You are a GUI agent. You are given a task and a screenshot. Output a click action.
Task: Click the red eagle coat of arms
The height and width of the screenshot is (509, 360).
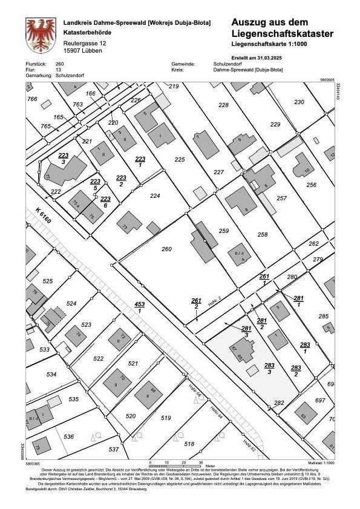coord(41,35)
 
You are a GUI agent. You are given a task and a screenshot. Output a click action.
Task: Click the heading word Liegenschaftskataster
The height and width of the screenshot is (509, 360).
coord(282,33)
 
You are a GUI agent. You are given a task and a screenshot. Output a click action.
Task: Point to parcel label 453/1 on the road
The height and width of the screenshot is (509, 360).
coord(139,307)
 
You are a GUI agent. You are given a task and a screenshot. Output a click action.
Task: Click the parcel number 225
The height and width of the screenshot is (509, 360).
coord(179,159)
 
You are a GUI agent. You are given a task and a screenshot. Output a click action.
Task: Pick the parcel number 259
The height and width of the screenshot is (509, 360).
coord(224,231)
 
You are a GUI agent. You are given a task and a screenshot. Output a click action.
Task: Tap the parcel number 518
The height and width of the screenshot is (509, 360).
coord(189,444)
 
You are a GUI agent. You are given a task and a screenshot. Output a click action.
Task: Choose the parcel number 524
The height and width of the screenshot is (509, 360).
coord(71,303)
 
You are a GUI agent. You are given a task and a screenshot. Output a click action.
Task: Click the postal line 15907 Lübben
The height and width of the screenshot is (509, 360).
coord(83,51)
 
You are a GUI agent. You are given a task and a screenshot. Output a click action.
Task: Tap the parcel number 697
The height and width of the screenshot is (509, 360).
coord(321,401)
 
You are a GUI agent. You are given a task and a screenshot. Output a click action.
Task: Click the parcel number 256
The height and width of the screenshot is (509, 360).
coord(312,185)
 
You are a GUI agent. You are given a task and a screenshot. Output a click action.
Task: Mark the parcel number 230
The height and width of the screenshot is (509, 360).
coord(299,102)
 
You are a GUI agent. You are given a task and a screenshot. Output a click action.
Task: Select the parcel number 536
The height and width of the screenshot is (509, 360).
coord(68,436)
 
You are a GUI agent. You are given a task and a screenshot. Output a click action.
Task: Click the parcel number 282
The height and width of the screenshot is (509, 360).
coord(279,402)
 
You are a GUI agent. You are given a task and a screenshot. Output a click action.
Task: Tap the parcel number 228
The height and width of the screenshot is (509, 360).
coord(224,105)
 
